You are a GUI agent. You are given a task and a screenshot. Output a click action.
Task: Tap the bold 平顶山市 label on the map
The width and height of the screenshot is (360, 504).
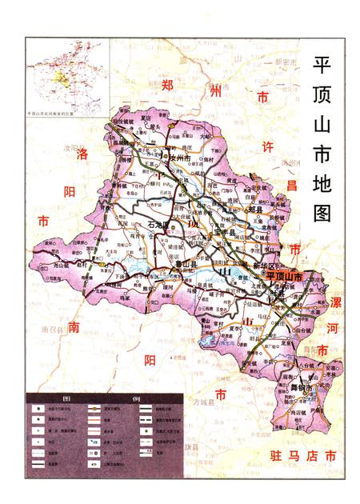pos(286,276)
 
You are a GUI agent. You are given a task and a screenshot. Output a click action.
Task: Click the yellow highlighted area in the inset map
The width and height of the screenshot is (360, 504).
pos(58,79)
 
